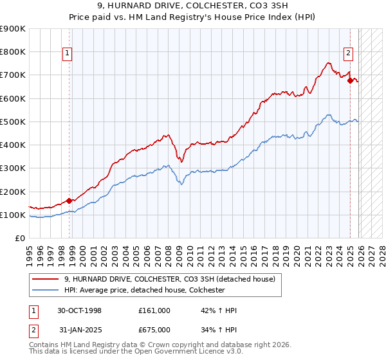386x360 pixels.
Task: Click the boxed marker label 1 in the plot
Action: click(x=67, y=53)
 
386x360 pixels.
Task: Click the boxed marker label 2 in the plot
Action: click(x=348, y=53)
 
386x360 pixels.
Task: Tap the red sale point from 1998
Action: click(x=69, y=201)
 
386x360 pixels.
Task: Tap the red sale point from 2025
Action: click(x=350, y=81)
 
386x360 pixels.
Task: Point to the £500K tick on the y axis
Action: click(x=13, y=122)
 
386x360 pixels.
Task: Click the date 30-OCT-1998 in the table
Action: click(x=80, y=310)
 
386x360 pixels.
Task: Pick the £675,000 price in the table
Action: click(x=154, y=331)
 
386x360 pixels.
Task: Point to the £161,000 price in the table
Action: click(x=154, y=310)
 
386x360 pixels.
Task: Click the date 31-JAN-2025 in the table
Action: click(x=80, y=331)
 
